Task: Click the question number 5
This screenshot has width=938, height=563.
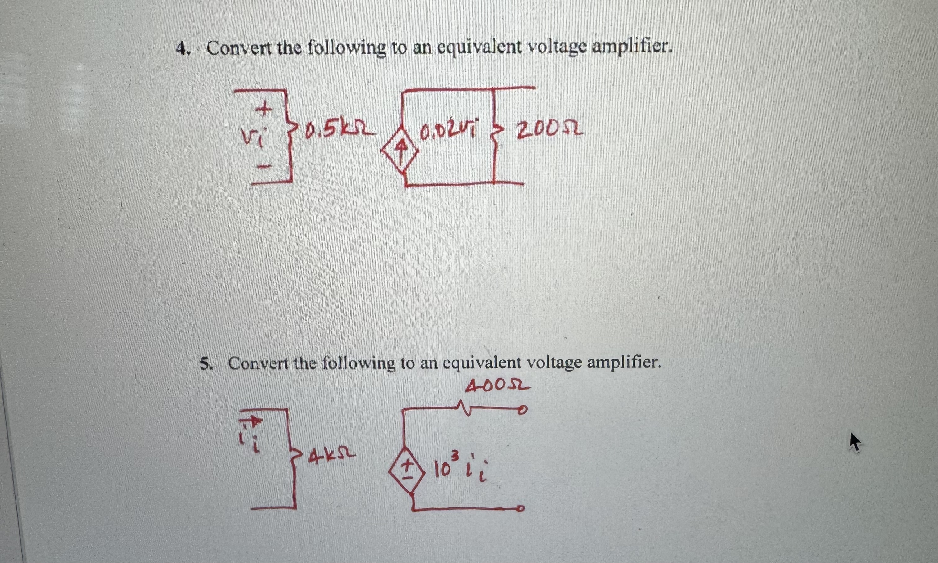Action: pos(205,364)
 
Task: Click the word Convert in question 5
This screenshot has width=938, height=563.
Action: pos(259,363)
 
